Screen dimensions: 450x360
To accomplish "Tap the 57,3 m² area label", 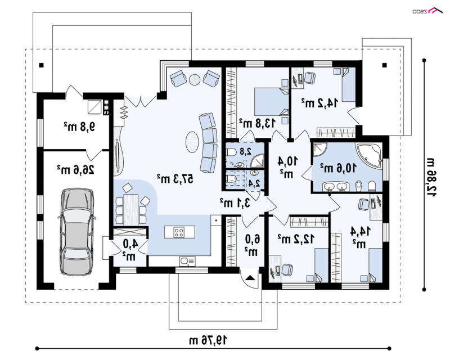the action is (x=175, y=178).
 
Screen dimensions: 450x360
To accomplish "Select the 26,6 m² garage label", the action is (x=75, y=170).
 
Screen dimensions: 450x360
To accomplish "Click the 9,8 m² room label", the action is (x=79, y=126).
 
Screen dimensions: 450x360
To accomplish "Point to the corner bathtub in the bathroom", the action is (x=370, y=156).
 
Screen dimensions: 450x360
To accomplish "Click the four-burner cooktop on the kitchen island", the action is (x=179, y=232).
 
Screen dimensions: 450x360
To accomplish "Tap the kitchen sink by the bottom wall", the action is (x=187, y=261).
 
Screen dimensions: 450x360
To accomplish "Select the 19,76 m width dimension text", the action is (x=208, y=340).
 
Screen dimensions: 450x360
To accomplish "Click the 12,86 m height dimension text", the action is (x=431, y=177).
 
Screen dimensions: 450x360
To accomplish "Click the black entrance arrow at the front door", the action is (x=250, y=278).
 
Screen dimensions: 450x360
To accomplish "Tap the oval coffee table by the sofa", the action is (x=192, y=142).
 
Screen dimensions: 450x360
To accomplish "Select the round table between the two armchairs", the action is (x=195, y=79).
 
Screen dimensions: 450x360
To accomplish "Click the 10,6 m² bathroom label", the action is (x=339, y=168).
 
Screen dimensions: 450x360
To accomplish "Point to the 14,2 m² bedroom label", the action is (x=319, y=103).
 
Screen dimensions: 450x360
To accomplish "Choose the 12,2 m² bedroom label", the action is (x=296, y=238).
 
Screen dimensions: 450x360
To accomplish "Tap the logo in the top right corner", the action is (x=427, y=11).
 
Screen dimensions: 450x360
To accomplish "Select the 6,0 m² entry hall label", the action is (x=252, y=245).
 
